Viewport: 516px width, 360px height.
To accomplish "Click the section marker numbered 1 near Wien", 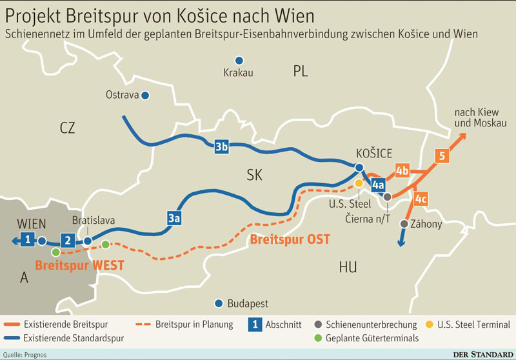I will pyautogui.click(x=26, y=241).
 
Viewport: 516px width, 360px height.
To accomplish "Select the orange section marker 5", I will pyautogui.click(x=442, y=155).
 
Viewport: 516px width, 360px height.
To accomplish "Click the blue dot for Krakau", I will pyautogui.click(x=239, y=59).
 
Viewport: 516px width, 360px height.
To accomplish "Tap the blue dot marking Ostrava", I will pyautogui.click(x=146, y=95).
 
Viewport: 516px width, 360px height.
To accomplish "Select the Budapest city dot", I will pyautogui.click(x=219, y=303).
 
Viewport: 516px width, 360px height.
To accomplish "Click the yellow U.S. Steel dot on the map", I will pyautogui.click(x=359, y=184).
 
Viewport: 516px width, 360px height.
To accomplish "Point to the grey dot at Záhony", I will pyautogui.click(x=404, y=224).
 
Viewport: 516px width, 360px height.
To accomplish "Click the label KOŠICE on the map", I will pyautogui.click(x=374, y=154).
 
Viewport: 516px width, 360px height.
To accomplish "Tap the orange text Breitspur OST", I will pyautogui.click(x=290, y=239).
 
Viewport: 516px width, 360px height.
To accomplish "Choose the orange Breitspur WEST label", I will pyautogui.click(x=79, y=265).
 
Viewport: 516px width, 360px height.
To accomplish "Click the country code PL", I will pyautogui.click(x=301, y=71).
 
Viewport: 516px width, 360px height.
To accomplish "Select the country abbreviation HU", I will pyautogui.click(x=348, y=268).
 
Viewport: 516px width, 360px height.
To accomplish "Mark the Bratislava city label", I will pyautogui.click(x=94, y=221).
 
